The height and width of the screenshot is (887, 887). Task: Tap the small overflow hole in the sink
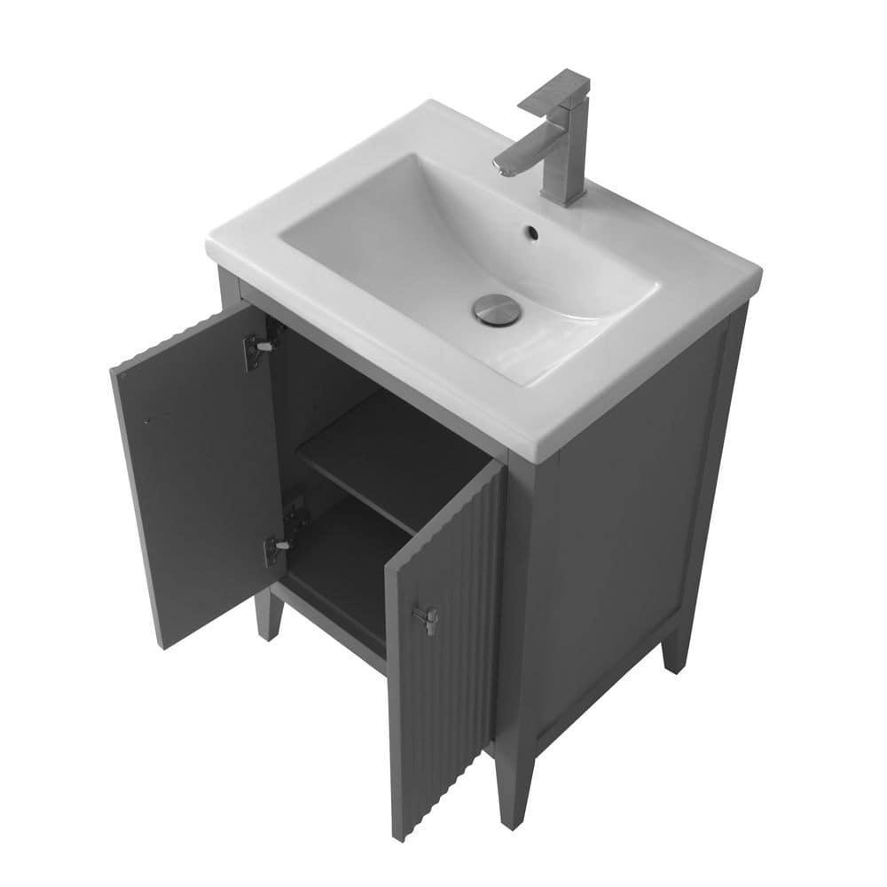[x=531, y=233]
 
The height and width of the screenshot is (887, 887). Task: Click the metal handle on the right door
[x=427, y=617]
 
